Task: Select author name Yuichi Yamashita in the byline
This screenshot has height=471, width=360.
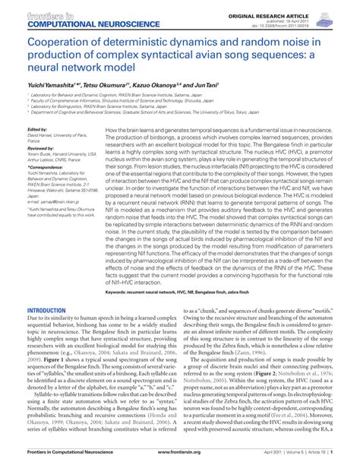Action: point(51,85)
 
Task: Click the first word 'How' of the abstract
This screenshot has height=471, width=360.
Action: point(111,130)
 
